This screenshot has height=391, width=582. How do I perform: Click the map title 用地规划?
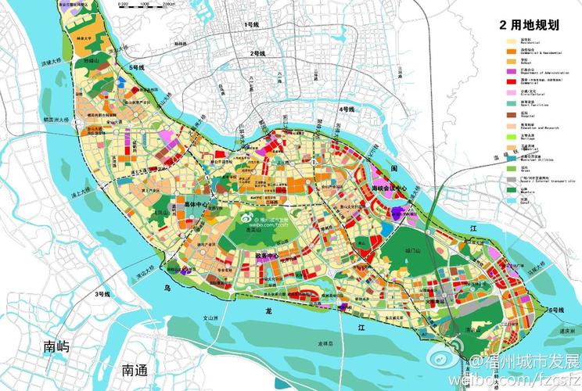tap(537, 25)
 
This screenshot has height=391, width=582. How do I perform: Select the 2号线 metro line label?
tap(256, 53)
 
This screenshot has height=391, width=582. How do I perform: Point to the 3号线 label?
tap(102, 293)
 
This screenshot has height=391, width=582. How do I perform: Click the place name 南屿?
tap(56, 346)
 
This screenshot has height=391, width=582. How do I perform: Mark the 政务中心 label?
tap(267, 255)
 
